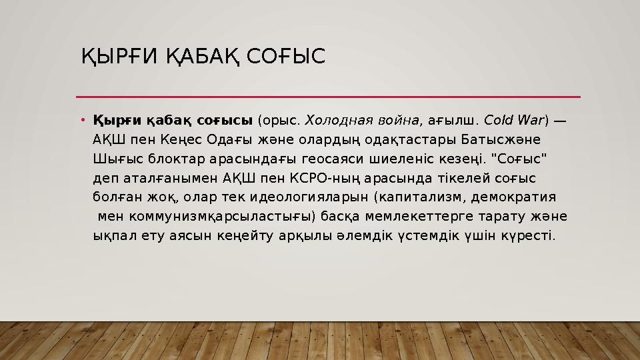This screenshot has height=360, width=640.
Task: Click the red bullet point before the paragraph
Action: coord(83,121)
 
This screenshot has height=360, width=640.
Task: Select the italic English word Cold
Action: coord(497,121)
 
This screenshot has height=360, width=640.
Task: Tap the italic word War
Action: coord(530,121)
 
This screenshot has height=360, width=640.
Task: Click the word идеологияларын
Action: coord(309,197)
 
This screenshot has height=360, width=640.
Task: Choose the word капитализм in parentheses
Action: coord(420,197)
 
